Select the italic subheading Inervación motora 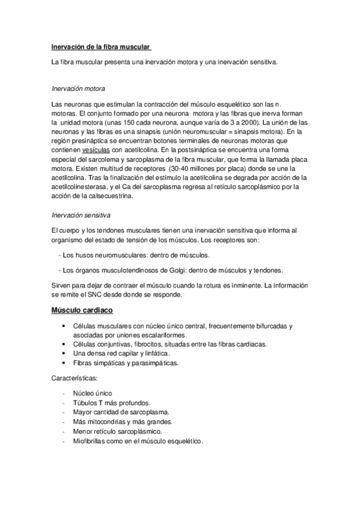click(x=79, y=88)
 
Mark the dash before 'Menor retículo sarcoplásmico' click(x=63, y=431)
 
